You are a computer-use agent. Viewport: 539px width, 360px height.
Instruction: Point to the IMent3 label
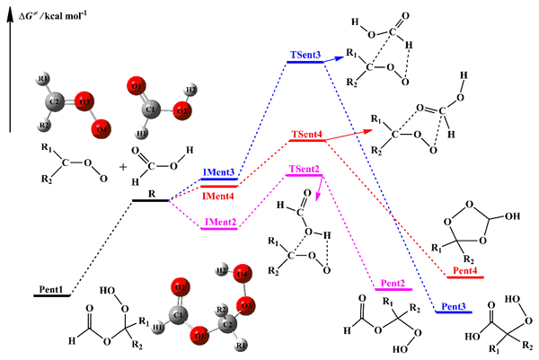tap(218, 171)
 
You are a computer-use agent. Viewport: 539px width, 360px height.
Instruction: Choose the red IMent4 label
tap(218, 196)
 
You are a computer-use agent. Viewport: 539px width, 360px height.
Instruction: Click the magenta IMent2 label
tap(218, 220)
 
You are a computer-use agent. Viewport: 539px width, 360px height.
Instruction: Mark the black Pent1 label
tap(51, 288)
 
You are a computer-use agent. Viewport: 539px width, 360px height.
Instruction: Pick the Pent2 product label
tap(393, 283)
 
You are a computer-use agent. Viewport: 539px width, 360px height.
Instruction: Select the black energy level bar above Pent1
tap(51, 295)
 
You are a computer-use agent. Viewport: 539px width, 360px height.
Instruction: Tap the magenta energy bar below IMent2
tap(218, 228)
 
